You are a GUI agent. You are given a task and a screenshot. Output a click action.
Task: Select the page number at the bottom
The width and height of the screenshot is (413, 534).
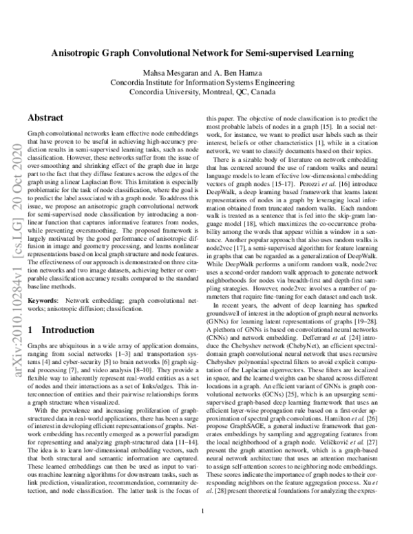pyautogui.click(x=206, y=512)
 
